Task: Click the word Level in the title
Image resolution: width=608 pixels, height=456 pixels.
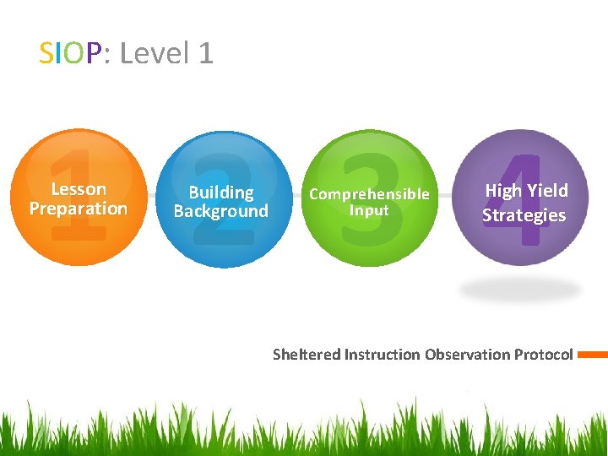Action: pyautogui.click(x=154, y=54)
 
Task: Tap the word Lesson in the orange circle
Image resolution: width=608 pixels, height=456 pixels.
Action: pyautogui.click(x=79, y=189)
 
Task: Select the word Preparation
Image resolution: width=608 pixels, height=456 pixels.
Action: pyautogui.click(x=79, y=209)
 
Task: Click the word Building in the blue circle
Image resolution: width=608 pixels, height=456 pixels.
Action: pyautogui.click(x=220, y=193)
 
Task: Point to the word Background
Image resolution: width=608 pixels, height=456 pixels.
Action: pyautogui.click(x=220, y=211)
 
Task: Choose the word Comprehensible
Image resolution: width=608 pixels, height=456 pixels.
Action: pyautogui.click(x=369, y=194)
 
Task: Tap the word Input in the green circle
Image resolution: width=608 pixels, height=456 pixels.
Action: pyautogui.click(x=369, y=210)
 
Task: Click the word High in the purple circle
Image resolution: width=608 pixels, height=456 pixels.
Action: pyautogui.click(x=503, y=191)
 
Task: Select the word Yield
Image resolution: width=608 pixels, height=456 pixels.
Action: pyautogui.click(x=548, y=191)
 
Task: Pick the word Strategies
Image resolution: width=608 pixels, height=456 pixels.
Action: pyautogui.click(x=524, y=215)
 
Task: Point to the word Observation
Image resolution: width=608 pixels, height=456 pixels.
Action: pyautogui.click(x=468, y=355)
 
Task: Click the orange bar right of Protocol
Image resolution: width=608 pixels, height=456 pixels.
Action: pyautogui.click(x=593, y=355)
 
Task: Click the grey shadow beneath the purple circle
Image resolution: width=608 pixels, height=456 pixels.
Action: pyautogui.click(x=520, y=290)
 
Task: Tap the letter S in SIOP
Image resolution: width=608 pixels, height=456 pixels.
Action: pyautogui.click(x=47, y=54)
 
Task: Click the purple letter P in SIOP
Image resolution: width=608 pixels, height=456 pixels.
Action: pyautogui.click(x=94, y=54)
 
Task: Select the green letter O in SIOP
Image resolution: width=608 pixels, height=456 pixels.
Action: pyautogui.click(x=74, y=54)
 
